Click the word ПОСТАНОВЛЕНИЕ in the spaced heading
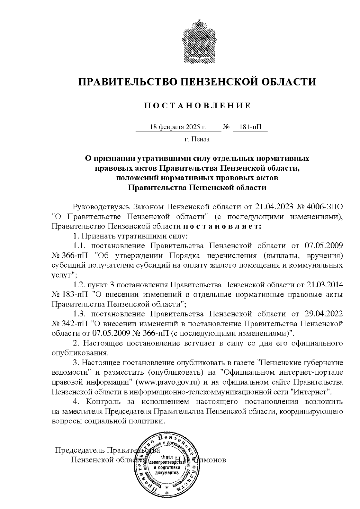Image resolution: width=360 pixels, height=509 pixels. click(198, 106)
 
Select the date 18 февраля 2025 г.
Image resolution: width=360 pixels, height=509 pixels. click(178, 127)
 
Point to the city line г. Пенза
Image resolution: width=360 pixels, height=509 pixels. click(197, 139)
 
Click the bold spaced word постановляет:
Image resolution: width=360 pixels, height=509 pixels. click(222, 226)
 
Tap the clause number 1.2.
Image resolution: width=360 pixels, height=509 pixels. click(80, 284)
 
